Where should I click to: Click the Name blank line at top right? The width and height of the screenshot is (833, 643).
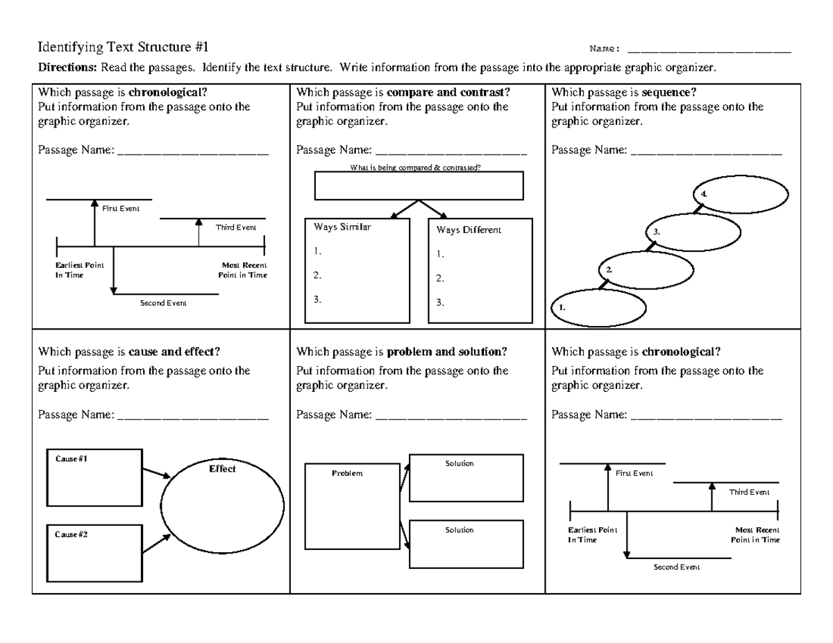709,50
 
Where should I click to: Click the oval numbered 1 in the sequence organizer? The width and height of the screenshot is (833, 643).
598,307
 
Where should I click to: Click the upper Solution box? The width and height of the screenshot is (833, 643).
466,478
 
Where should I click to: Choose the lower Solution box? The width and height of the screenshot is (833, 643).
466,544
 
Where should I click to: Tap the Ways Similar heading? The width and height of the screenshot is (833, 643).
342,227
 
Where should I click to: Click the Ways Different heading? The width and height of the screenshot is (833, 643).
469,230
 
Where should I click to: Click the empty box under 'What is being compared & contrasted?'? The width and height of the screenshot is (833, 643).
419,186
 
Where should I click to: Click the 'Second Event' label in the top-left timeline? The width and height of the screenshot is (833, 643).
163,303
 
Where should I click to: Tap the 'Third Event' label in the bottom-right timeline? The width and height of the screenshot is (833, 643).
749,492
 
